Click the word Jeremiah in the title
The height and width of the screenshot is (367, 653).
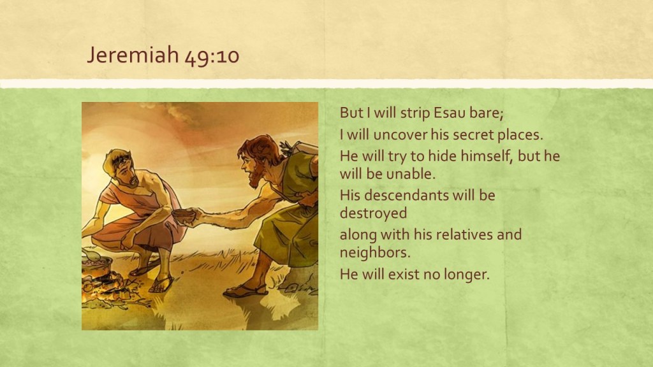point(133,55)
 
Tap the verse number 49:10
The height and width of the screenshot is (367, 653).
point(212,56)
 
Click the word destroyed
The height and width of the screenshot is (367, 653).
point(374,213)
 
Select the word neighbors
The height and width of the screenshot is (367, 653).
point(375,252)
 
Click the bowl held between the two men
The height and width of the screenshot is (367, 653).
point(184,215)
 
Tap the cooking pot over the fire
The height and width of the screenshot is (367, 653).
point(97,266)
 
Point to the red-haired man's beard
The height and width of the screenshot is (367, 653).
point(255,178)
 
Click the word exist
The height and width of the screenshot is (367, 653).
point(404,274)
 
